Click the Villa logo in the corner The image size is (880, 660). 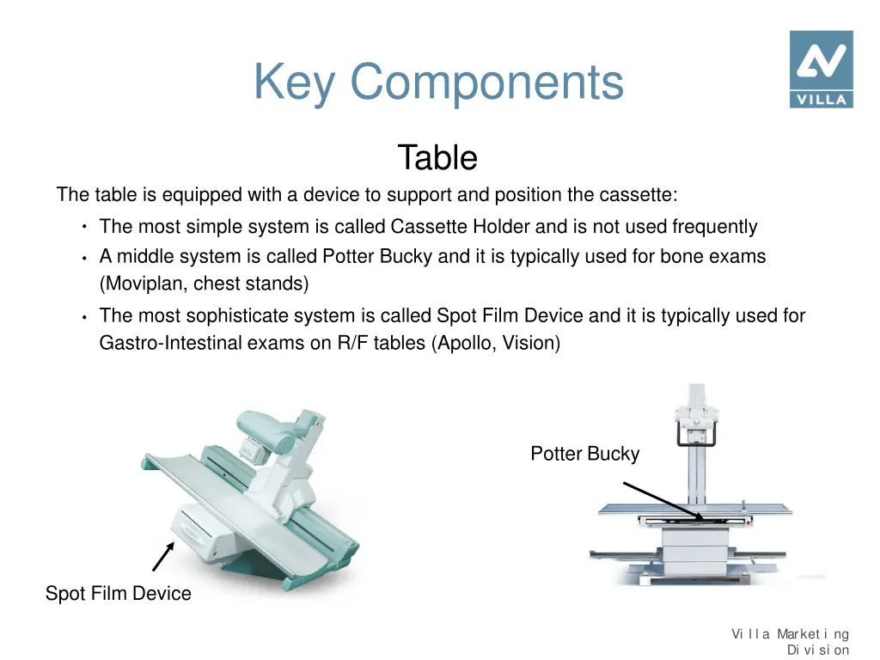pyautogui.click(x=821, y=69)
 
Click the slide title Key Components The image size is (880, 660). pyautogui.click(x=438, y=82)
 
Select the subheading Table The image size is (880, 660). pyautogui.click(x=437, y=158)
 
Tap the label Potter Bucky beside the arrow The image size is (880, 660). pyautogui.click(x=584, y=454)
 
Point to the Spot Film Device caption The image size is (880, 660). pyautogui.click(x=119, y=594)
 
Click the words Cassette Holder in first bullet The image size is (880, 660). pyautogui.click(x=460, y=227)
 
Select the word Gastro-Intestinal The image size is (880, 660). pyautogui.click(x=168, y=344)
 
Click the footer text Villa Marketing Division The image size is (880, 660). pyautogui.click(x=791, y=642)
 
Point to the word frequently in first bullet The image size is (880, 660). pyautogui.click(x=714, y=227)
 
